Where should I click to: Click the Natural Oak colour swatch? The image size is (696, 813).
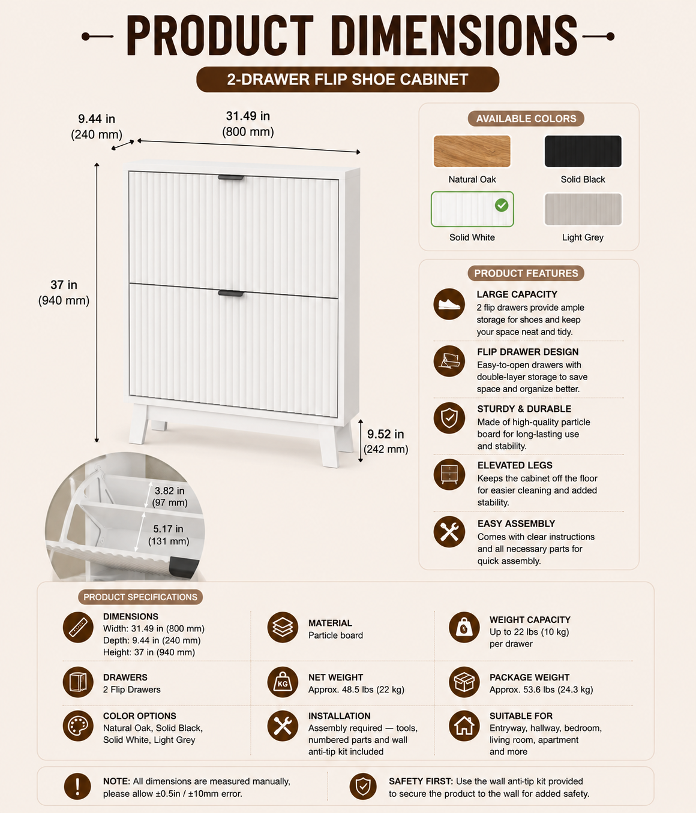[472, 152]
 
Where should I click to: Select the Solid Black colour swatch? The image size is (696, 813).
[583, 152]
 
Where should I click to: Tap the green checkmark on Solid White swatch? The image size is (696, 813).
[502, 205]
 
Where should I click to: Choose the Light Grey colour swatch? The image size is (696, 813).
[583, 209]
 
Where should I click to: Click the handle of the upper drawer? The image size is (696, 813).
[230, 178]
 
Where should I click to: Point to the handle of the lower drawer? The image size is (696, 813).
[230, 293]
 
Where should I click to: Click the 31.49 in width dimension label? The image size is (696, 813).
[248, 124]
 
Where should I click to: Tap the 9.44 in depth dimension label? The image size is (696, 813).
[97, 127]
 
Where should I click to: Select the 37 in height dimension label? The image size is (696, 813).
[64, 292]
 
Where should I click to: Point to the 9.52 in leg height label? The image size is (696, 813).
[386, 441]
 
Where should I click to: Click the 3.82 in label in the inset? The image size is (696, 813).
[170, 496]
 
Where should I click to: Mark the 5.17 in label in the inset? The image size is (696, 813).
[169, 535]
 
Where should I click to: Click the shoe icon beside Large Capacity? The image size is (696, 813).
[449, 304]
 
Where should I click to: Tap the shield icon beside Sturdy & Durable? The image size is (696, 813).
[449, 418]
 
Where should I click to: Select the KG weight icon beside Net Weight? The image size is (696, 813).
[283, 682]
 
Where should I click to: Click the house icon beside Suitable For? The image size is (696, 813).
[464, 725]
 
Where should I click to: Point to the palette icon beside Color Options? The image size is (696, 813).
[78, 725]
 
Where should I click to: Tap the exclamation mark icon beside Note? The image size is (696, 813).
[77, 787]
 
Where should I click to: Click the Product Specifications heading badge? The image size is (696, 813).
[140, 597]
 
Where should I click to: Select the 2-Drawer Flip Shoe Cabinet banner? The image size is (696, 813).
[347, 80]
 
